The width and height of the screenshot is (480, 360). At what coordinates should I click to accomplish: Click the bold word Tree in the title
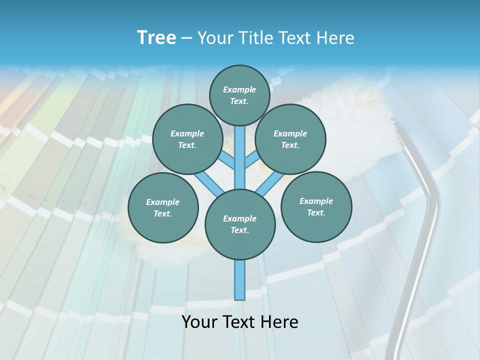point(156,38)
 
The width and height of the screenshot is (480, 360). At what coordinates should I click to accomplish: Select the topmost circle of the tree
point(239,95)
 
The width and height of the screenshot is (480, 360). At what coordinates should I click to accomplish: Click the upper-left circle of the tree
point(187,139)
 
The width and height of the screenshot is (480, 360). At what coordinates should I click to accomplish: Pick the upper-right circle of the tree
point(290,139)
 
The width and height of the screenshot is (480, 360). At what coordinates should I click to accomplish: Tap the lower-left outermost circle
point(163,207)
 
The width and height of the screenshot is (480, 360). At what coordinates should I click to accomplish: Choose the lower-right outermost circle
point(316,206)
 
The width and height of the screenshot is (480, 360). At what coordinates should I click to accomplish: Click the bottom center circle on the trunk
point(240,224)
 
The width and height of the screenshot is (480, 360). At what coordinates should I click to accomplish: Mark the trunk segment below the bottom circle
point(240,280)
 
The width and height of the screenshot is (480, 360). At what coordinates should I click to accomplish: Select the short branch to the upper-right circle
point(252,160)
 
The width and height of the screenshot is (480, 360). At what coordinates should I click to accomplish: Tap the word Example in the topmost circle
point(239,89)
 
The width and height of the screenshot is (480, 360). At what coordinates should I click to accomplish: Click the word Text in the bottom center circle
point(238,230)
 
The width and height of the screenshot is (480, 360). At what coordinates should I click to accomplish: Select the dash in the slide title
point(187,38)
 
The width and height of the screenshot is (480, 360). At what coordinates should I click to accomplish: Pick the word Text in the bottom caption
point(240,322)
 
